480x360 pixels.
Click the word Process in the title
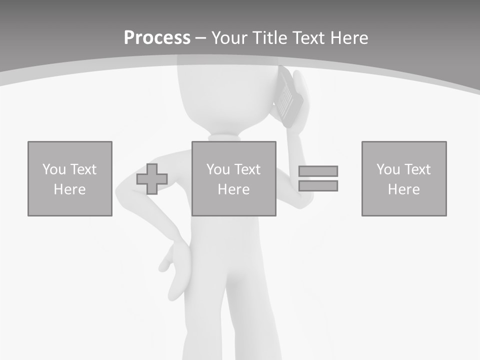click(157, 37)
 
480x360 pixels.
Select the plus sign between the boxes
click(152, 179)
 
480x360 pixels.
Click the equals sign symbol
click(318, 178)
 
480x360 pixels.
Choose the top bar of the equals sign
click(318, 171)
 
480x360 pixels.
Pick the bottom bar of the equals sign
click(318, 186)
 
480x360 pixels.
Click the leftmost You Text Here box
click(70, 178)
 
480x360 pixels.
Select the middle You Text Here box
click(233, 178)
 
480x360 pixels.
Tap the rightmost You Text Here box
click(403, 178)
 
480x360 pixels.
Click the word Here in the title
click(350, 37)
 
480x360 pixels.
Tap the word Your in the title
click(229, 37)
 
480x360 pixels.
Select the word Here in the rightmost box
click(403, 189)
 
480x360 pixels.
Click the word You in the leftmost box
click(54, 169)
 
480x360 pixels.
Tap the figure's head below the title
click(225, 97)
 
